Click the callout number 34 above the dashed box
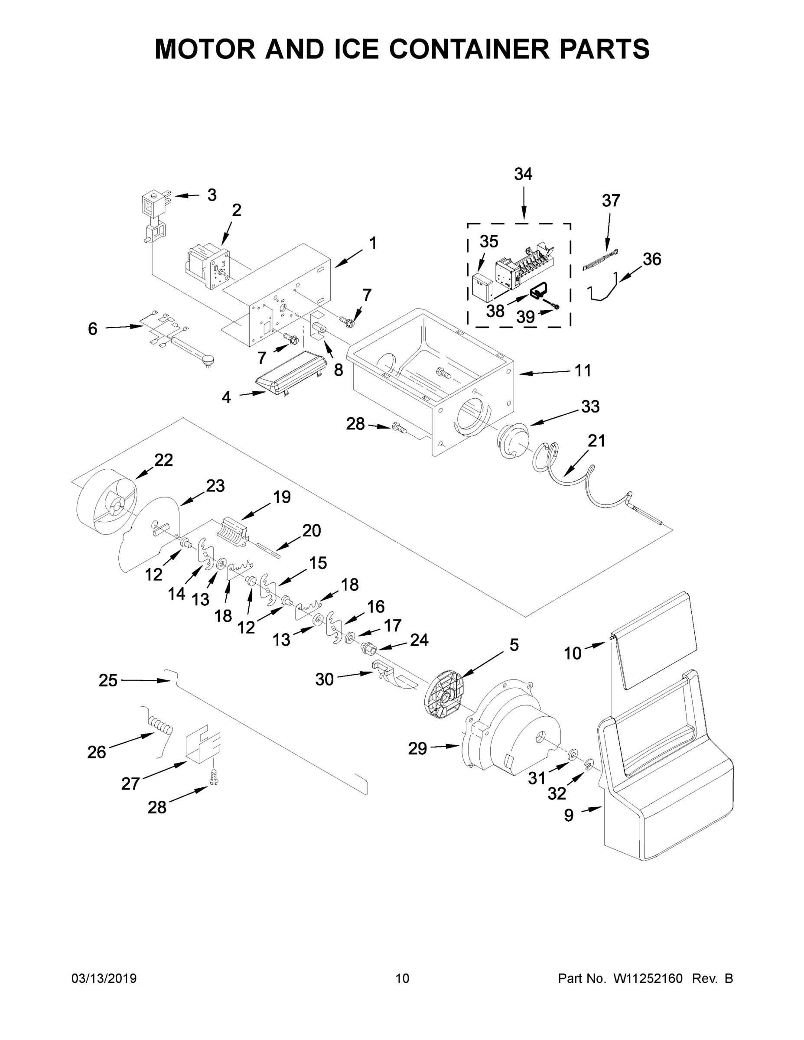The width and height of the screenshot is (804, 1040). (523, 174)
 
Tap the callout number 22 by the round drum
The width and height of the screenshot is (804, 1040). (163, 460)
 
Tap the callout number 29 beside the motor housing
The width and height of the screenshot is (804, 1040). (417, 748)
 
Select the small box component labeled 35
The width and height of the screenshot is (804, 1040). (482, 288)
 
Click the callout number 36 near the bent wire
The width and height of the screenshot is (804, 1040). (651, 259)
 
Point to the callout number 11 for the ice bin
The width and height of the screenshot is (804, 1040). (583, 370)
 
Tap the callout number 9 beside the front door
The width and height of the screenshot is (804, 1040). (569, 815)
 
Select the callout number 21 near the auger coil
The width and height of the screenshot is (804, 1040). (596, 441)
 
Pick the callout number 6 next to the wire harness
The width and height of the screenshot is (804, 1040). (93, 328)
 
